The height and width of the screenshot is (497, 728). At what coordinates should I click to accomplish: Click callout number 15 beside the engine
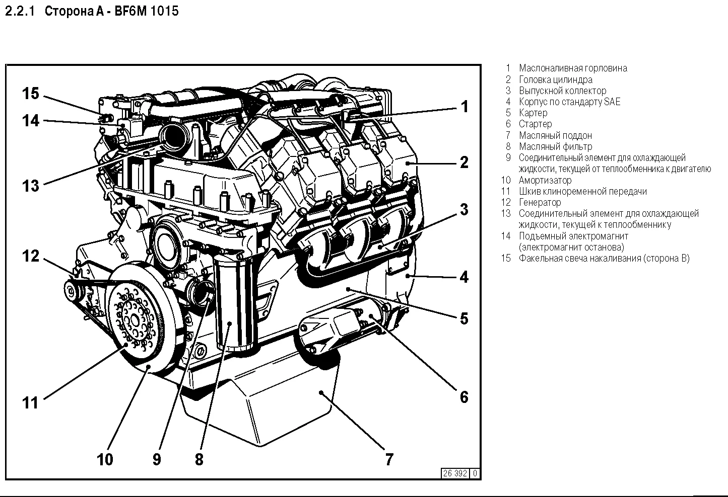click(x=30, y=94)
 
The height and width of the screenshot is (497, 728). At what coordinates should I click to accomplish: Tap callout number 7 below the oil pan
click(x=389, y=459)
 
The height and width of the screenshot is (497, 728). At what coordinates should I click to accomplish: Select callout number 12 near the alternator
click(x=30, y=256)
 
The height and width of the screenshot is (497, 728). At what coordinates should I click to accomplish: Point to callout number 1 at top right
click(x=465, y=107)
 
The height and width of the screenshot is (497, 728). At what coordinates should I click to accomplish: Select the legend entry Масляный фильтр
click(x=555, y=146)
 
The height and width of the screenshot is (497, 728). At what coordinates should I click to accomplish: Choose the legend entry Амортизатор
click(x=545, y=180)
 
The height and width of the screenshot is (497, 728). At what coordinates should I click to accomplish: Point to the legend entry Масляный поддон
click(x=555, y=135)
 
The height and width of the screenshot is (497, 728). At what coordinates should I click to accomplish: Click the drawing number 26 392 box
click(x=455, y=473)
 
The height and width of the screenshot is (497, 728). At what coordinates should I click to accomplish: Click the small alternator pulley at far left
click(x=73, y=291)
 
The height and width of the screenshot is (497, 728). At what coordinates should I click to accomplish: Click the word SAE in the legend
click(x=612, y=102)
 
